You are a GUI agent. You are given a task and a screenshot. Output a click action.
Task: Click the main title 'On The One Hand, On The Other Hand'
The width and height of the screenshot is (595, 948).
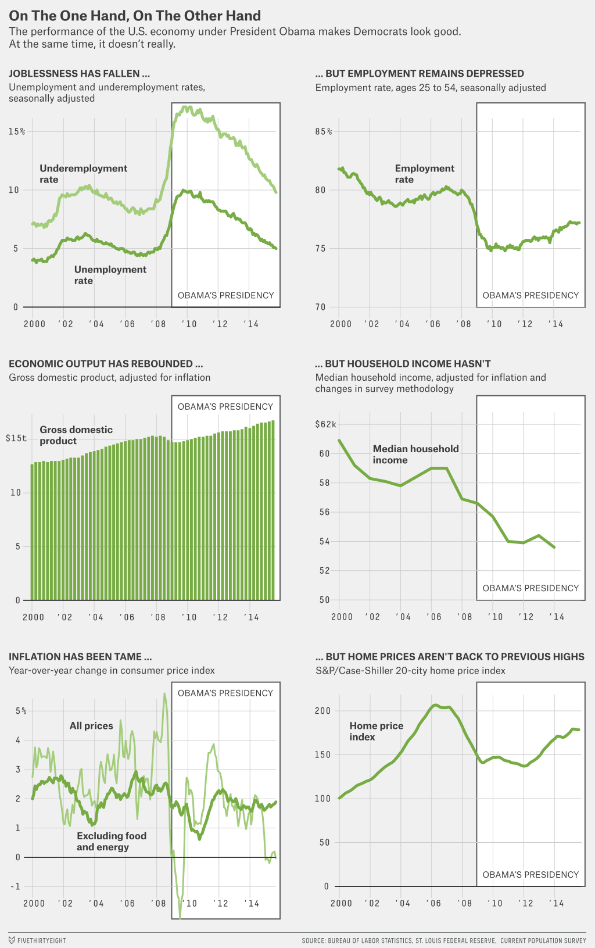135,16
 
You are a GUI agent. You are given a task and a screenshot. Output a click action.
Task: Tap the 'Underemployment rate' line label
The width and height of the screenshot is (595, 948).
83,174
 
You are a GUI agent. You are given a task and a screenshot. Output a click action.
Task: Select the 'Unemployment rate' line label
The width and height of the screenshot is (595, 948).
110,275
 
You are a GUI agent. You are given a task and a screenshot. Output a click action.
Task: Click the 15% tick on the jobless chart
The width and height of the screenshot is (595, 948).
17,132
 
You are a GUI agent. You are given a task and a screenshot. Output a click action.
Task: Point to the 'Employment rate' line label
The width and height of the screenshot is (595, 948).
424,174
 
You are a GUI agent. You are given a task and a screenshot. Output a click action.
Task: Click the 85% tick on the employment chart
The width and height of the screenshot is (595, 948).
324,132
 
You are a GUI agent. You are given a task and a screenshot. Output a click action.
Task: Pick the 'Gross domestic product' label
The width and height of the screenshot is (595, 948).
76,435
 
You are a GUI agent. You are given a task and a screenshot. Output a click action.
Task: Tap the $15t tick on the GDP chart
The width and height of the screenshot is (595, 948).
16,438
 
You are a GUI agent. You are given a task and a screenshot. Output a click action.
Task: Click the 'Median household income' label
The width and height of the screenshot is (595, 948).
415,455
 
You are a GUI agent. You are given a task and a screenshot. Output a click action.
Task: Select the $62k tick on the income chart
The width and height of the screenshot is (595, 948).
325,424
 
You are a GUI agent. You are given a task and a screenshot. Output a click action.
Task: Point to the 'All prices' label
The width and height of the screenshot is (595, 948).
91,726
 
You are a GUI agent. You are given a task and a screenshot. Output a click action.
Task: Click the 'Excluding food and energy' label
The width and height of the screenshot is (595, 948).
111,842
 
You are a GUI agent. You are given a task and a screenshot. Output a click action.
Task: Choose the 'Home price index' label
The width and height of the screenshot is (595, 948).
376,731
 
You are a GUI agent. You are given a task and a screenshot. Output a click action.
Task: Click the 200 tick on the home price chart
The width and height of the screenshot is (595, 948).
322,711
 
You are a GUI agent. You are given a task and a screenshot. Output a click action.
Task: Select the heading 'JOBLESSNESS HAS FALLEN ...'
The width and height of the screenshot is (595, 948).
79,74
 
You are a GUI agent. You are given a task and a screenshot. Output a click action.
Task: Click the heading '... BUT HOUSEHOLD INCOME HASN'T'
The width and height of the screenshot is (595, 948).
403,364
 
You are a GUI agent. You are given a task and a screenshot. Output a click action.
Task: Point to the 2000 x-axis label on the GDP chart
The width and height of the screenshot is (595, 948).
33,617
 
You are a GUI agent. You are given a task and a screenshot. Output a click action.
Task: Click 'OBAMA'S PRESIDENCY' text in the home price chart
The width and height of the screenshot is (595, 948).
531,875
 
